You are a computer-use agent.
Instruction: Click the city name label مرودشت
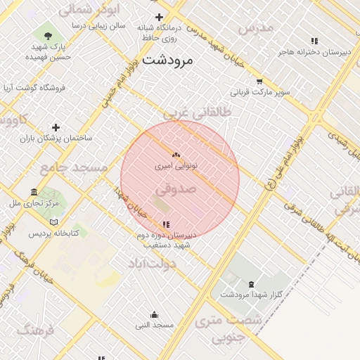[167, 60]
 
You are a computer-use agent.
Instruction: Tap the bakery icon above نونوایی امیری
[176, 155]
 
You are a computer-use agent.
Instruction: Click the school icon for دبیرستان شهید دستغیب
[166, 224]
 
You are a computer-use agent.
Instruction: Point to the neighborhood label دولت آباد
[151, 263]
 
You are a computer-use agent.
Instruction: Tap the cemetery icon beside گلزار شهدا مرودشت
[252, 284]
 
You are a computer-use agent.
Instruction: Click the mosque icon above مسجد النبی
[155, 315]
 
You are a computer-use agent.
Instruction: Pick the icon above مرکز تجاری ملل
[34, 192]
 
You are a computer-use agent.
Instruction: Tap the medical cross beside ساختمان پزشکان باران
[56, 127]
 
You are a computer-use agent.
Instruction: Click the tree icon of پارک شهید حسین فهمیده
[47, 34]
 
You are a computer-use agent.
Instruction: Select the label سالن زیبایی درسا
[98, 25]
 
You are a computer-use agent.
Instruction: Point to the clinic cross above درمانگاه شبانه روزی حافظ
[160, 18]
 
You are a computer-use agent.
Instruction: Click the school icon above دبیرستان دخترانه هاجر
[314, 41]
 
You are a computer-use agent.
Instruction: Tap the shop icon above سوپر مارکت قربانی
[259, 82]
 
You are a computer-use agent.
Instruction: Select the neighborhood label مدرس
[255, 29]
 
